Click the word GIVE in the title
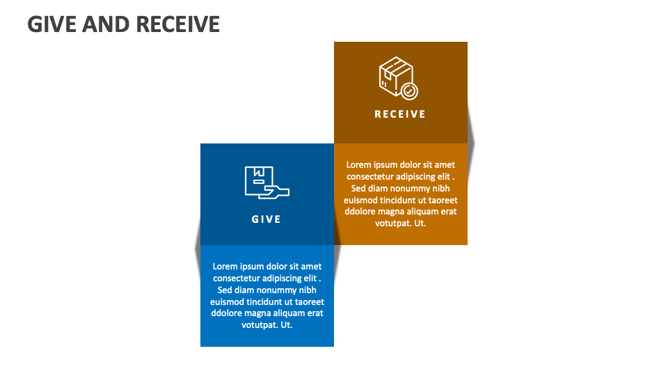[52, 24]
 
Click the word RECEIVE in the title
[178, 24]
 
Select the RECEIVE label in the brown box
[400, 114]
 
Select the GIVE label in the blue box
[267, 219]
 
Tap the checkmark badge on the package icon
[410, 91]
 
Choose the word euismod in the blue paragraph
[226, 302]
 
